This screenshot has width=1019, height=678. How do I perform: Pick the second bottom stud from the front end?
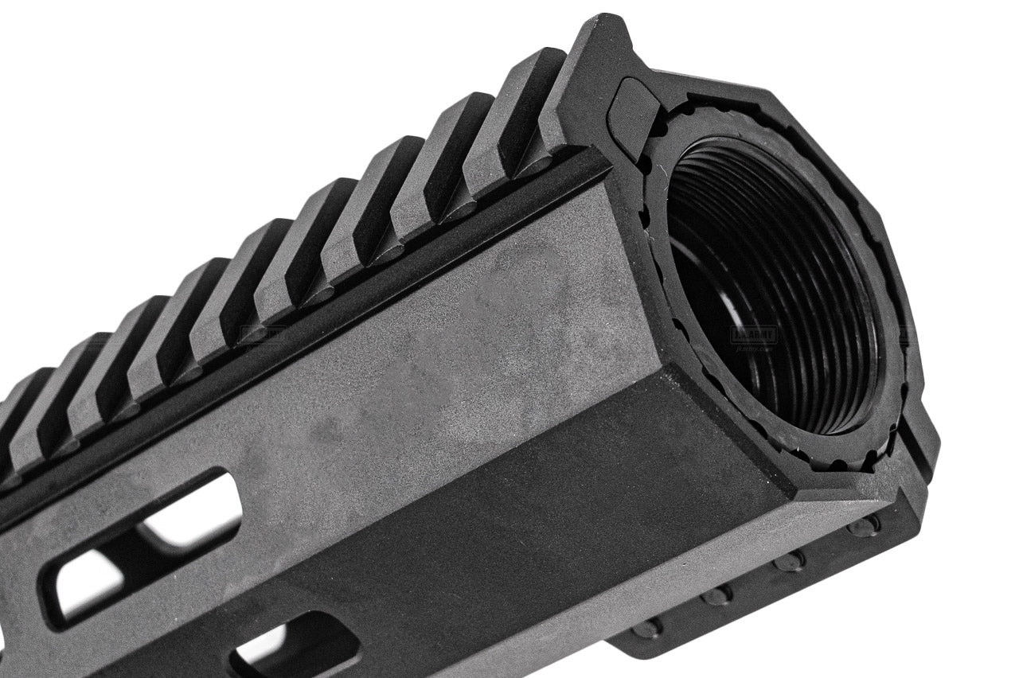789,561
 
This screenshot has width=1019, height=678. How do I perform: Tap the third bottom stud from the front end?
719,594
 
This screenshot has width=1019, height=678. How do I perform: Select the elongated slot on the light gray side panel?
143,549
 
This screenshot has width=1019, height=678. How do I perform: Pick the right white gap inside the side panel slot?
195,521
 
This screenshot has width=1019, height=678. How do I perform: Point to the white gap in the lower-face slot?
263,649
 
